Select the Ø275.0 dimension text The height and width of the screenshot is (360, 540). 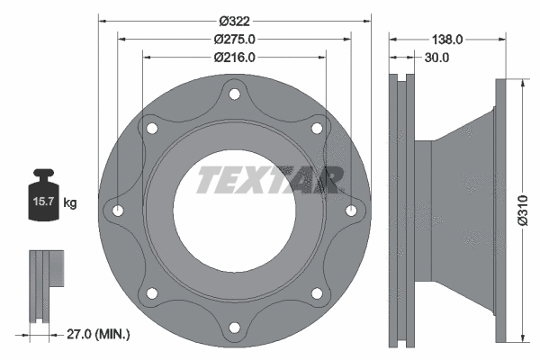235,39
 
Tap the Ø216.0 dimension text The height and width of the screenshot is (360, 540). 235,57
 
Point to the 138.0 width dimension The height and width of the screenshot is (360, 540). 447,40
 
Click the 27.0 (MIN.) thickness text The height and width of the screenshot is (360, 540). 99,334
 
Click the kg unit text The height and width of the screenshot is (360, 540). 70,203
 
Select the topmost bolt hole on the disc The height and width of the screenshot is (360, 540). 235,93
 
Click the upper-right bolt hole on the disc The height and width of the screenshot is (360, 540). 317,128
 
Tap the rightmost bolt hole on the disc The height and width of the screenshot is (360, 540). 351,211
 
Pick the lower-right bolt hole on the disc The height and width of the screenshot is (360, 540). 317,292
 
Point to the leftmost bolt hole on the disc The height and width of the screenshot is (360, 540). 119,211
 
